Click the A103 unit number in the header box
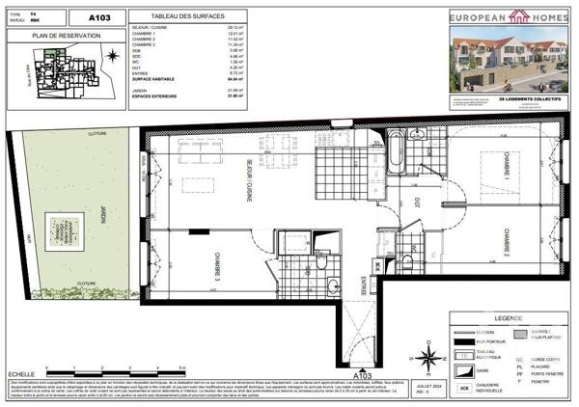[99, 17]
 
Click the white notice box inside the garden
[65, 231]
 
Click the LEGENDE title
[507, 317]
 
